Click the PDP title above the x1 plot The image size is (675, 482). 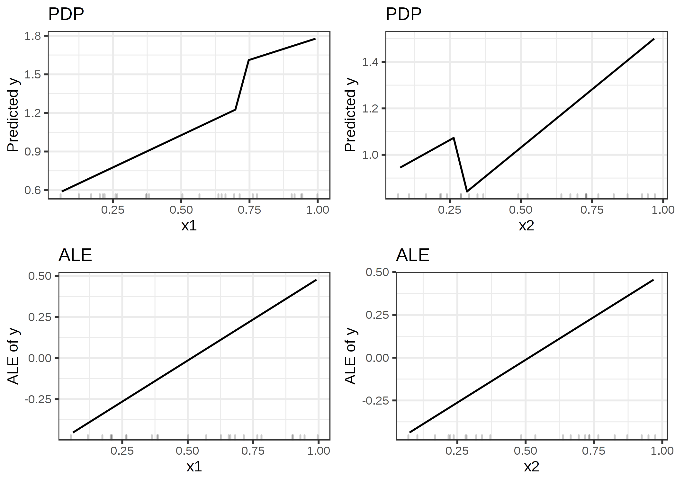point(66,14)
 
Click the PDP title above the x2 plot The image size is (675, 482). point(403,14)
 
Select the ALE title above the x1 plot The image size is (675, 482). point(75,255)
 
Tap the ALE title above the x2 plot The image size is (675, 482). point(413,255)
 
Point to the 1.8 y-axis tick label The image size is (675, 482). point(33,36)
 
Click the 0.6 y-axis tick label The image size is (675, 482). point(33,190)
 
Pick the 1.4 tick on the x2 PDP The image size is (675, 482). point(370,62)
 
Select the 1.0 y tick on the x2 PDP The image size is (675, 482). point(370,155)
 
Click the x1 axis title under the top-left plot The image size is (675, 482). point(189,226)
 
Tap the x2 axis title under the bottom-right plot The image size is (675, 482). point(532,467)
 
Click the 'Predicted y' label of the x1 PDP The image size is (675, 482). point(13,116)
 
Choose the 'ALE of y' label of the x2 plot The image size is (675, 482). point(350,356)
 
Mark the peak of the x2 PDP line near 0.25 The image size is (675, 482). point(454,138)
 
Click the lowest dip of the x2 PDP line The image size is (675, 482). point(467,192)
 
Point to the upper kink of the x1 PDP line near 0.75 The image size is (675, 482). point(249,60)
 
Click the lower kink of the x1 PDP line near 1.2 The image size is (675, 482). point(236,110)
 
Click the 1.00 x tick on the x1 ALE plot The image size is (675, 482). point(318,451)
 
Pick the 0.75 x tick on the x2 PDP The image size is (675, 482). point(592,210)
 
